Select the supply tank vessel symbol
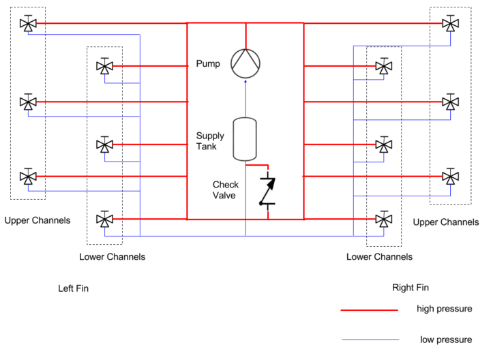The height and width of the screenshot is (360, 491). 245,139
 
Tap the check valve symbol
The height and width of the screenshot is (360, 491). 267,191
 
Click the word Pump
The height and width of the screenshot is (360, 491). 208,63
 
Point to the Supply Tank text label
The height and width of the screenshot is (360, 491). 210,141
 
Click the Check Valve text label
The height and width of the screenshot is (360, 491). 226,190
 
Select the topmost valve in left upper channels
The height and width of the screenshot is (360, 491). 28,23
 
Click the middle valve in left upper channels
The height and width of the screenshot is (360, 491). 28,102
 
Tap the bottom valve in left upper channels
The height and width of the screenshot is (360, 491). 28,177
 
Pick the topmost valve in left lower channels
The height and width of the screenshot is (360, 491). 104,66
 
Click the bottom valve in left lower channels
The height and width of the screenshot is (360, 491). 104,219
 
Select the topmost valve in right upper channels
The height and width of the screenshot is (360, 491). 450,23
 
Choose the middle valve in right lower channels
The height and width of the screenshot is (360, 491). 383,145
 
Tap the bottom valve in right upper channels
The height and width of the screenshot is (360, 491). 450,177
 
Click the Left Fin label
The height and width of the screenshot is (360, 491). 73,288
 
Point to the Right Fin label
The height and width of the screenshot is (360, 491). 411,287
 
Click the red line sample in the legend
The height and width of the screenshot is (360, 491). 369,310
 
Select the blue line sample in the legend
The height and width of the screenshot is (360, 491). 370,340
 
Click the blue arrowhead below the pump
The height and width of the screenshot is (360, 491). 245,81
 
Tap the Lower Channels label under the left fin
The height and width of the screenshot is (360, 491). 112,256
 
